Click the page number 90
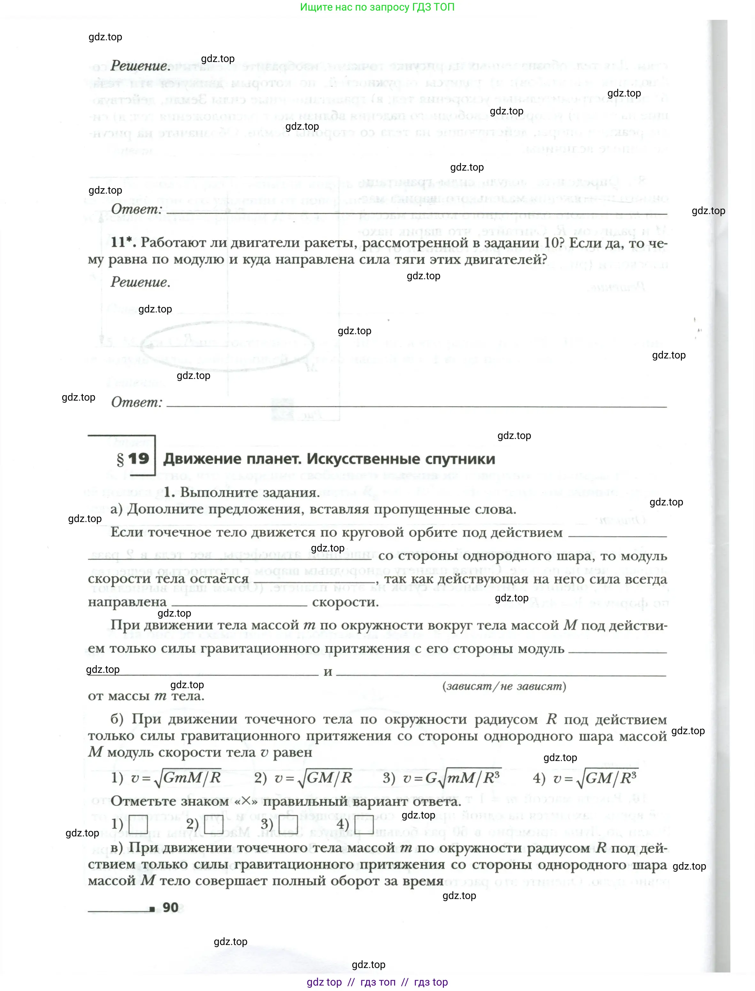click(170, 907)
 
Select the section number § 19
click(133, 459)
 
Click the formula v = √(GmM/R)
click(176, 778)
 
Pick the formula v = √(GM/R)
click(313, 778)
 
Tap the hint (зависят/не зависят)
click(504, 686)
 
